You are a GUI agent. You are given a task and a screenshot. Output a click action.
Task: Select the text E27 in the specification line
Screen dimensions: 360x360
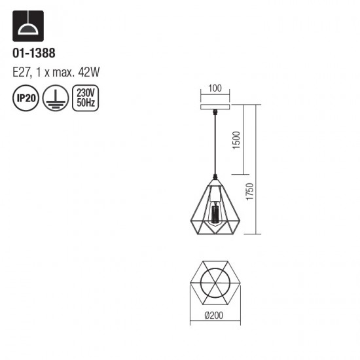pos(22,73)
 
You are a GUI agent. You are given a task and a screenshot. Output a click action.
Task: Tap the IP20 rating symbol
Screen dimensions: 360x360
pos(24,99)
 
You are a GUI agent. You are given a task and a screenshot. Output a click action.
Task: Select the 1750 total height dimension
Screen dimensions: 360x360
pos(249,194)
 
